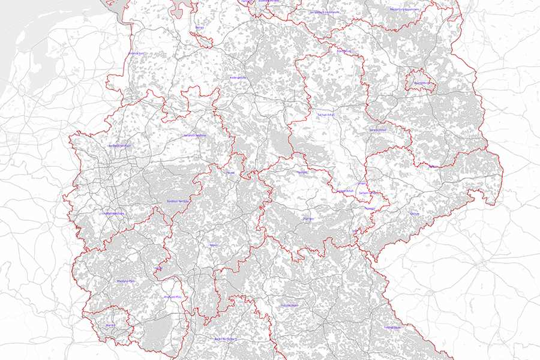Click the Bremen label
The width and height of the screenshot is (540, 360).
[x=200, y=27]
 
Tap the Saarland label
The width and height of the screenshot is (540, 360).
[x=110, y=325]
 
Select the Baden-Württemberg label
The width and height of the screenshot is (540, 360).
[x=226, y=338]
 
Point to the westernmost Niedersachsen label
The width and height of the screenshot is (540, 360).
[x=137, y=53]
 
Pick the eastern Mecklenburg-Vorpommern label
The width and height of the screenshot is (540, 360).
[x=404, y=10]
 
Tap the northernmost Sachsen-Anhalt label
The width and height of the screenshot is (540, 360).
[x=325, y=114]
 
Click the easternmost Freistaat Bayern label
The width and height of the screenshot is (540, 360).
[x=392, y=328]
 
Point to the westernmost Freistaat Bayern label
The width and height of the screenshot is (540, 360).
[x=290, y=305]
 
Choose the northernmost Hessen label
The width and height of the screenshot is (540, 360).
[x=230, y=173]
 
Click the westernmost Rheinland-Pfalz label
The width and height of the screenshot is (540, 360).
[x=125, y=281]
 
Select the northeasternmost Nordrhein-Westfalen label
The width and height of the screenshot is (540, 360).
[x=194, y=136]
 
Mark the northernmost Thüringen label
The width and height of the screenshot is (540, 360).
[x=301, y=172]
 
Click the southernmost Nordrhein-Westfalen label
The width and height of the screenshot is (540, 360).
[x=113, y=214]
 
